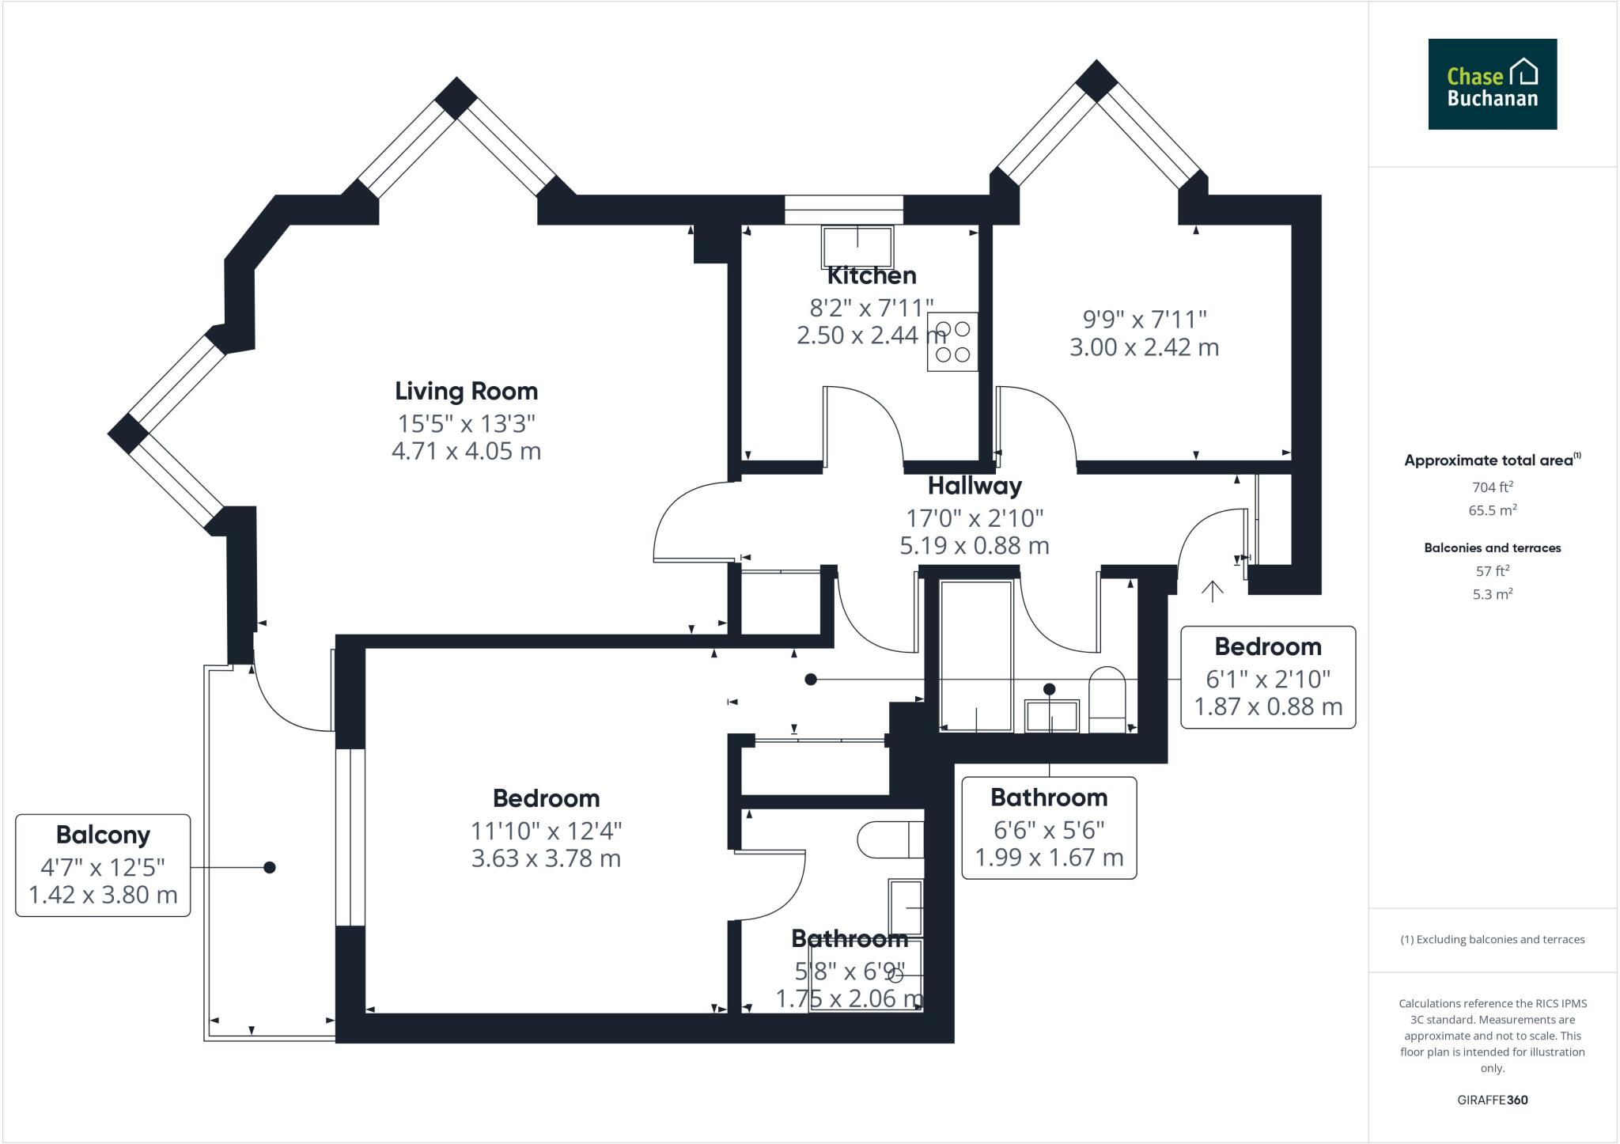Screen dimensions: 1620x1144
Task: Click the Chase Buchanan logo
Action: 1492,84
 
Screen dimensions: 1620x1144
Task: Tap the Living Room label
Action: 466,391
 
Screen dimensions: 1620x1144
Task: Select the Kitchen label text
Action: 872,276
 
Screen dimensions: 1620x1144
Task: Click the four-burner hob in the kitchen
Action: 952,342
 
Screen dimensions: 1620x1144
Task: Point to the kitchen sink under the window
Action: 857,245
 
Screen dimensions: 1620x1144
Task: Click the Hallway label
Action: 975,485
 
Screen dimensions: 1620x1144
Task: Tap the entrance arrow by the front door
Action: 1212,590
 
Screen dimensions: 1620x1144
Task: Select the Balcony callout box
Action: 103,865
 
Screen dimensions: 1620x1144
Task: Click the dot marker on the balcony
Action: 269,868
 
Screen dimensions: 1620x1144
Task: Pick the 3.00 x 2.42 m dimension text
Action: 1144,347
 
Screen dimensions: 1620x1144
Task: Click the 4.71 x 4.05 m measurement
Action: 466,451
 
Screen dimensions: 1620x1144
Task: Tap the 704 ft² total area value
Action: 1492,487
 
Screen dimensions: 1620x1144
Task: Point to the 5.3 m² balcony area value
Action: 1492,594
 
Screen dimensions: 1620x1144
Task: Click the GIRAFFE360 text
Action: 1492,1100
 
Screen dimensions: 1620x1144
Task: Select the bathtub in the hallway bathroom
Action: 976,656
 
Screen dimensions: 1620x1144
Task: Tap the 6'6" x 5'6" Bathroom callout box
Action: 1049,828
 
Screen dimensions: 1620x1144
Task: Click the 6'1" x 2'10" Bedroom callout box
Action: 1267,677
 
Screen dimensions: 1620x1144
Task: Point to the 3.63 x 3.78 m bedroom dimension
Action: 546,858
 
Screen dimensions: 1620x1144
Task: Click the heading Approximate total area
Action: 1488,460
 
